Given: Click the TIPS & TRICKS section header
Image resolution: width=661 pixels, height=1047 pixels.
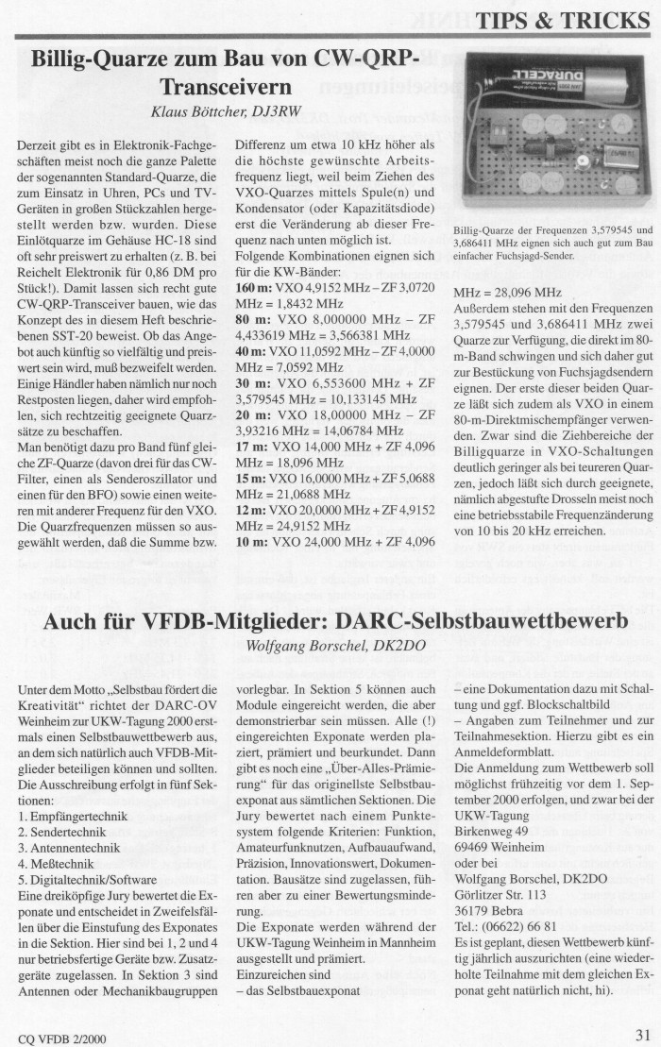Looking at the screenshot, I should point(562,21).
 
